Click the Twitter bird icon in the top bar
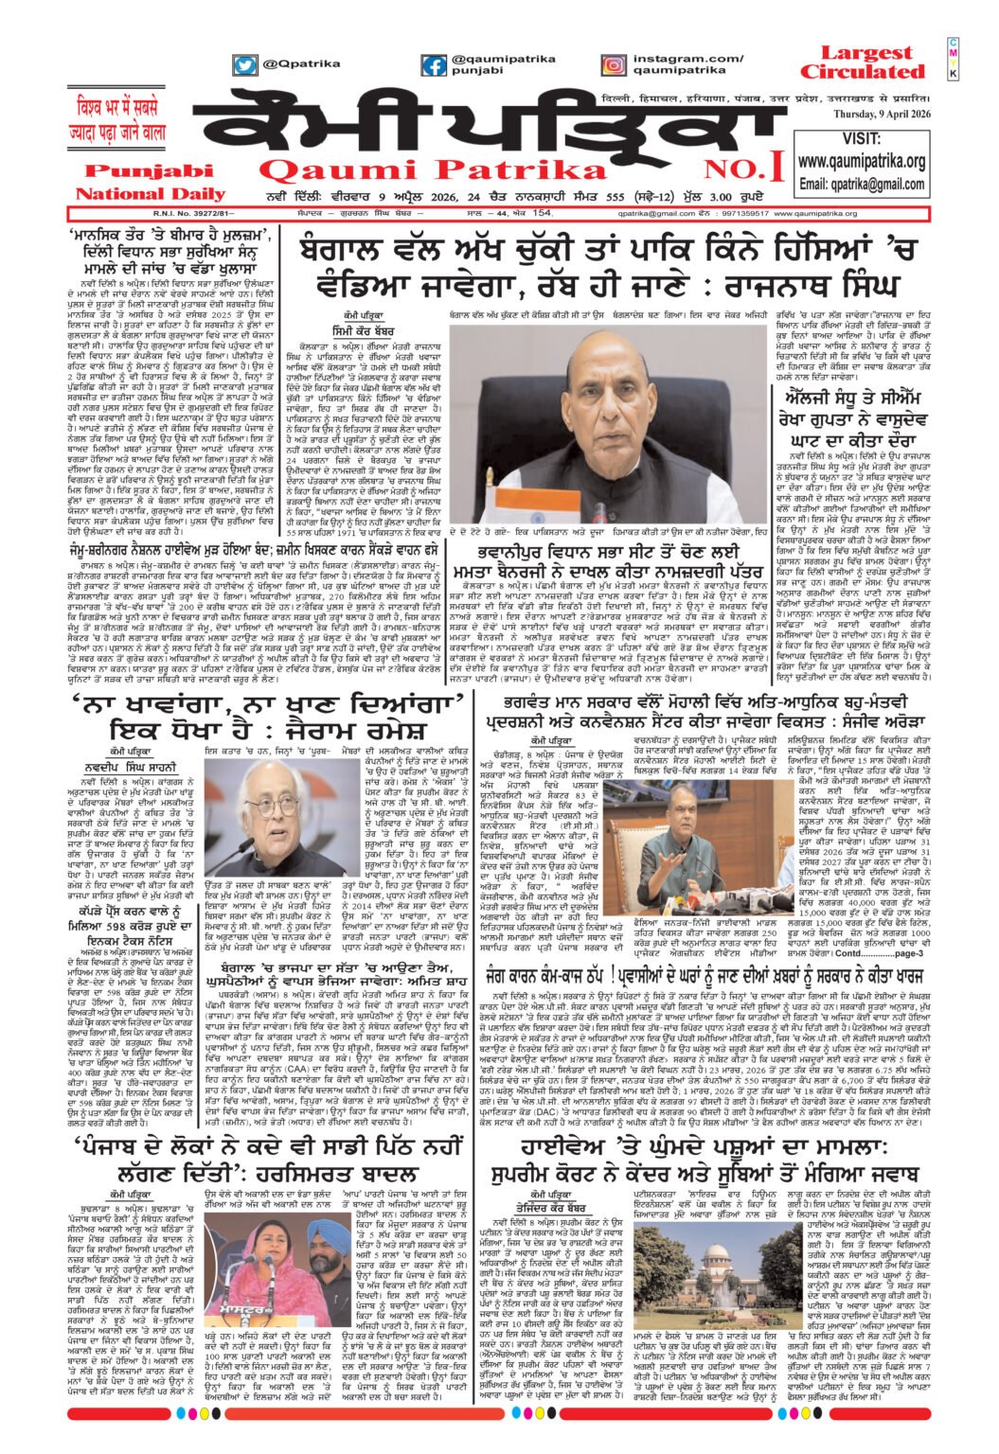click(x=244, y=65)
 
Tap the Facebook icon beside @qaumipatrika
click(x=434, y=65)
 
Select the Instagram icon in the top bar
click(x=612, y=65)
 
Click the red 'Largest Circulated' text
click(x=861, y=62)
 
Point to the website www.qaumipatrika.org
click(x=862, y=162)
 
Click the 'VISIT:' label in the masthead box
click(x=861, y=139)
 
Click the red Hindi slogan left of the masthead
click(x=123, y=118)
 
